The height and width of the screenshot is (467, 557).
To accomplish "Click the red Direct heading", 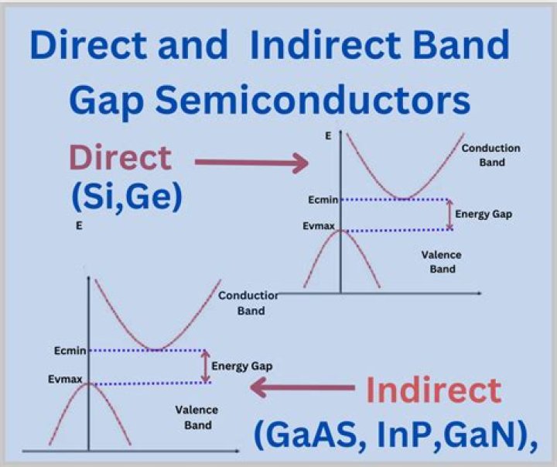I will pos(120,158).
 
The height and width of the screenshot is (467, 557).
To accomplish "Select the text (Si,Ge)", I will pos(126,196).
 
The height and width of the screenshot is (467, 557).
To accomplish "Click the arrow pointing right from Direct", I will pos(252,162).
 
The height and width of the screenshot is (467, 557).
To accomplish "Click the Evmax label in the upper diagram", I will pos(320,229).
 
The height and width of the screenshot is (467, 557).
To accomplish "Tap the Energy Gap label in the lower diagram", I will pos(241,366).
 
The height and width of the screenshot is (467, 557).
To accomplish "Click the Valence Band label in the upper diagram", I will pos(441,262).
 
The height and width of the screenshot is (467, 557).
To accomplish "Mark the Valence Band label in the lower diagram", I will pos(197,417).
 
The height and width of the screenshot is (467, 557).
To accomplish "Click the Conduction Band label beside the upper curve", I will pos(490,155).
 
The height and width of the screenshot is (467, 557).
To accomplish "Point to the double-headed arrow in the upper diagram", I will pos(450,215).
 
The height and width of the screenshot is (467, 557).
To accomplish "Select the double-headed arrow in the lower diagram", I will pos(205,366).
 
